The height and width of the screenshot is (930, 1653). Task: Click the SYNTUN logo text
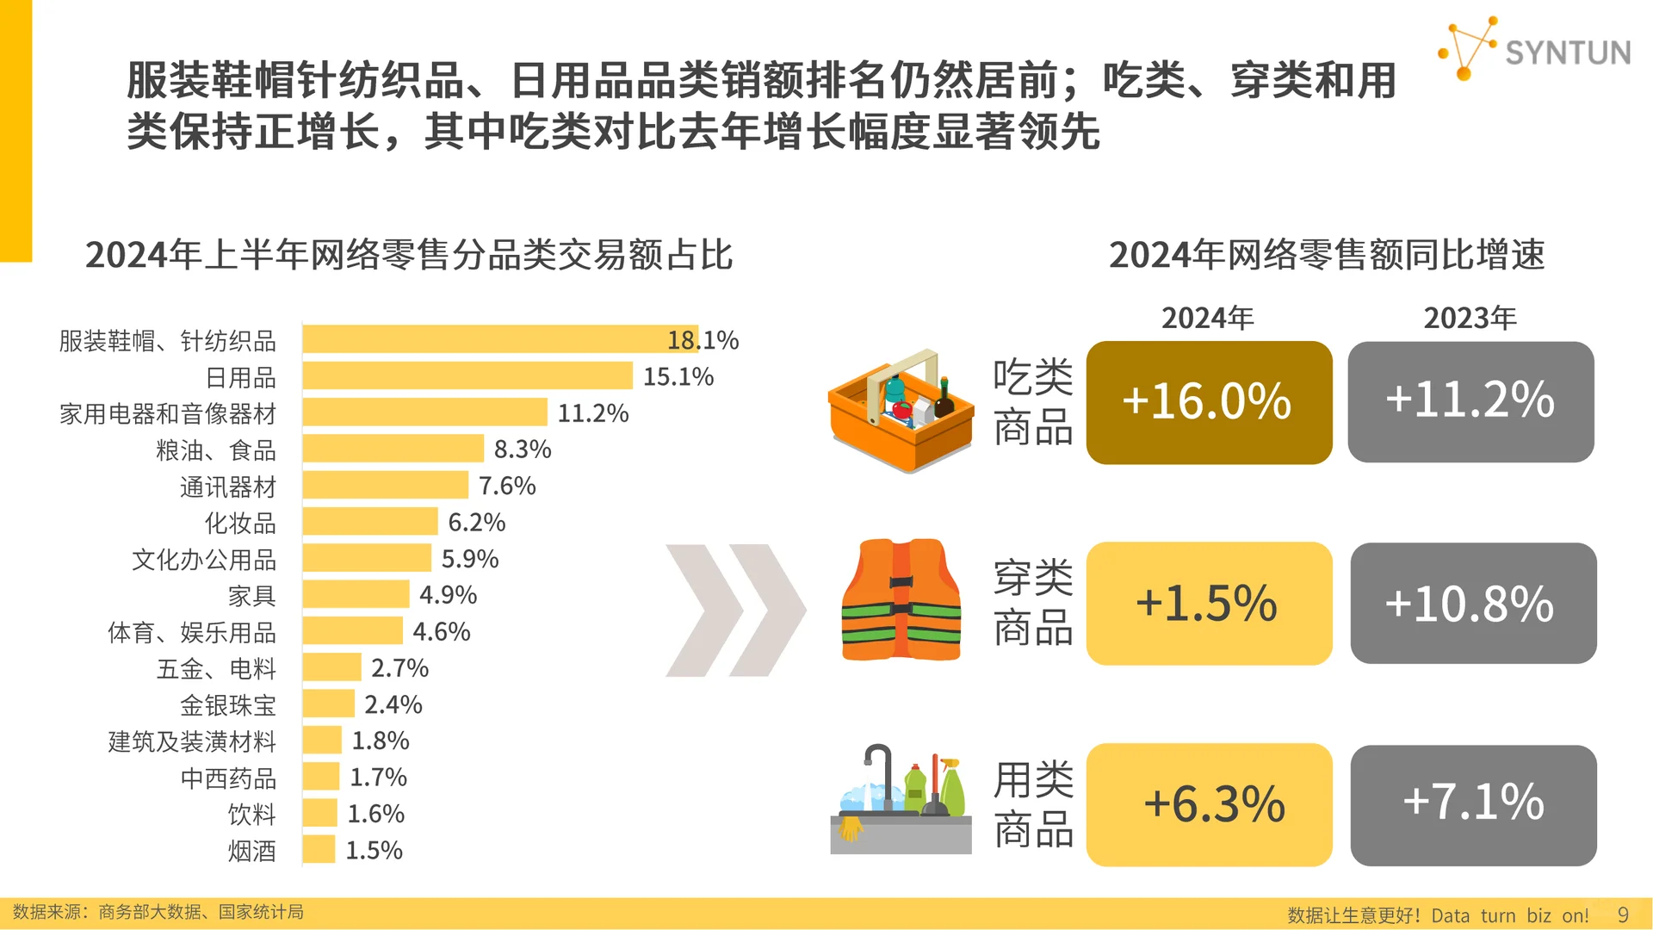coord(1567,53)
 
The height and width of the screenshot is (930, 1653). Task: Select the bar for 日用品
coord(467,376)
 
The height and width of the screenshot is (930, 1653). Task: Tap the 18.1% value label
coord(703,340)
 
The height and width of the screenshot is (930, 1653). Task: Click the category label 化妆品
coord(240,523)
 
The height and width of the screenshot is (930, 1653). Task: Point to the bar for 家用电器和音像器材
coord(424,412)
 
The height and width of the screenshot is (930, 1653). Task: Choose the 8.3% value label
coord(522,449)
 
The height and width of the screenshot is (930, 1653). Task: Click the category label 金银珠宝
coord(228,705)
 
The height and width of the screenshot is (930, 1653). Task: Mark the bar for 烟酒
coord(319,850)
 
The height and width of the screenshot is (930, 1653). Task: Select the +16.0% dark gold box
coord(1209,402)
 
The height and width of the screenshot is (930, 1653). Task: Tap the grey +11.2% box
coord(1470,401)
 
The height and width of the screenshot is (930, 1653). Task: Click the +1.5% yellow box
coord(1209,603)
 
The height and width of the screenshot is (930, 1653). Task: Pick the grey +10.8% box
coord(1472,603)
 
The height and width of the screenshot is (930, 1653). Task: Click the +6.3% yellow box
coord(1209,804)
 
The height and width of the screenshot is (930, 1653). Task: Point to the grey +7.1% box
coord(1472,804)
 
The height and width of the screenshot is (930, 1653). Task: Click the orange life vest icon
coord(901,600)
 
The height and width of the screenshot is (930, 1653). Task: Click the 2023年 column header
coord(1470,318)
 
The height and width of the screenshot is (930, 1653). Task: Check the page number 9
coord(1623,914)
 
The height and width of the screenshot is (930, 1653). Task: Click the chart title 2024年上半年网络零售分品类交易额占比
coord(409,255)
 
